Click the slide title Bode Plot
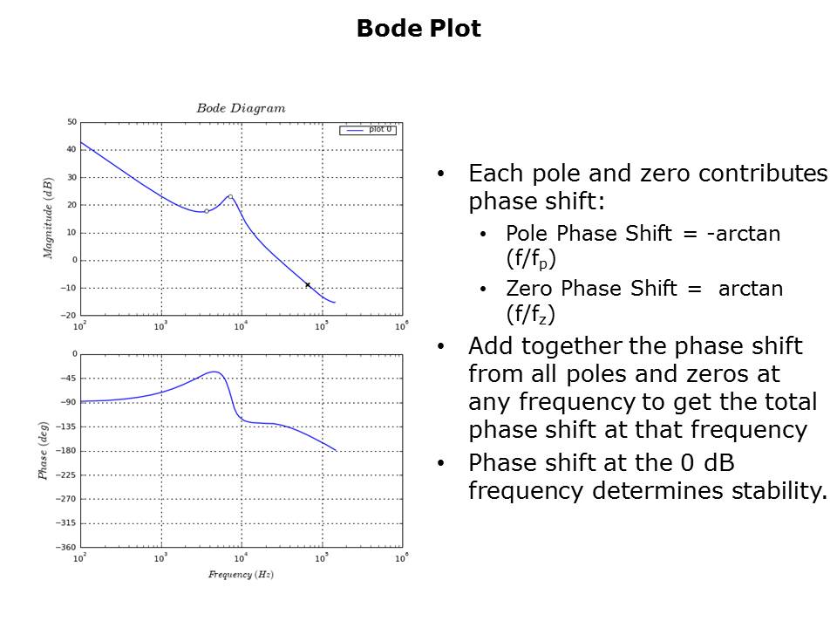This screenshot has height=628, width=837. click(418, 29)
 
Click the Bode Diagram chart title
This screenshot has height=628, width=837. click(241, 108)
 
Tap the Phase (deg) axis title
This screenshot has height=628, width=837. click(43, 449)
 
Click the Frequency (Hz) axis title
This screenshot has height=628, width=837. click(241, 574)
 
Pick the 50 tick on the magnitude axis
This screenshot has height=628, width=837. click(71, 122)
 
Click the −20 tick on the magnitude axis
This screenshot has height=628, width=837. click(70, 315)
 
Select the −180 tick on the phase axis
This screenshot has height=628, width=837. click(68, 450)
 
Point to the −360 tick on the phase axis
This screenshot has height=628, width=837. click(68, 547)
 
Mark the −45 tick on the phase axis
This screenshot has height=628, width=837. click(70, 378)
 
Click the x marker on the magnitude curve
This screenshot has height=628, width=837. click(308, 284)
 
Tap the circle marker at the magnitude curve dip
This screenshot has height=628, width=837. click(207, 211)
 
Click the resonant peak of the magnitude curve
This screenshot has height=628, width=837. click(230, 196)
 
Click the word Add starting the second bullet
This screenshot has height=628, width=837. click(489, 346)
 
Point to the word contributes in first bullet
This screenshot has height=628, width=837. click(753, 173)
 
